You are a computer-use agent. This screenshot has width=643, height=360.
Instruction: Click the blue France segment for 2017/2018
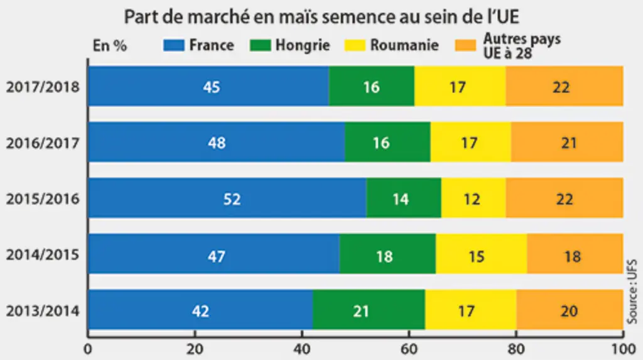208,86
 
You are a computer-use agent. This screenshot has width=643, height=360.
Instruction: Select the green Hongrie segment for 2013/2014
369,309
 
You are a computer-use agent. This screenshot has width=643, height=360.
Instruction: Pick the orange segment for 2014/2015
575,253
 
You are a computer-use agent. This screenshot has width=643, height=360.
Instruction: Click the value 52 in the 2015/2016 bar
232,199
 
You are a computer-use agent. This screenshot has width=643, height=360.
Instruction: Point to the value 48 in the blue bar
217,143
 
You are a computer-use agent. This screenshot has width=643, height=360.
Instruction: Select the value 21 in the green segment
361,311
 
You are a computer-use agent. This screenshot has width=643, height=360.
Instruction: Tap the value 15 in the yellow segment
477,256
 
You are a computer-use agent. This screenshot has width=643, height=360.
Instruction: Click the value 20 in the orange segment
569,311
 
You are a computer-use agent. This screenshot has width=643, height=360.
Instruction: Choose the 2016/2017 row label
43,143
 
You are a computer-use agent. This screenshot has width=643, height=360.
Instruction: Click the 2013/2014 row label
43,311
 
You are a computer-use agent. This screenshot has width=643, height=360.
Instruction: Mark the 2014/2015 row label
43,254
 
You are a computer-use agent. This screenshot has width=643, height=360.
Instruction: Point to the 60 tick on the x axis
409,349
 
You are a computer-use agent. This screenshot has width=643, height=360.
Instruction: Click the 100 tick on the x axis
624,349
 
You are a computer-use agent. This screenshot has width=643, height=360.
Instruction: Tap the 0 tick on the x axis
88,349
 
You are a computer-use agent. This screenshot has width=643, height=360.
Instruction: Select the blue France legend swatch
174,45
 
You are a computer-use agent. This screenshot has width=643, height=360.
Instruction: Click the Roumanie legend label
404,45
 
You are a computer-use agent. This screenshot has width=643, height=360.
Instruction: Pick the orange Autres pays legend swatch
465,45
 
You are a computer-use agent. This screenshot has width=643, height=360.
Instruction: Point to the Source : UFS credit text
633,292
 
